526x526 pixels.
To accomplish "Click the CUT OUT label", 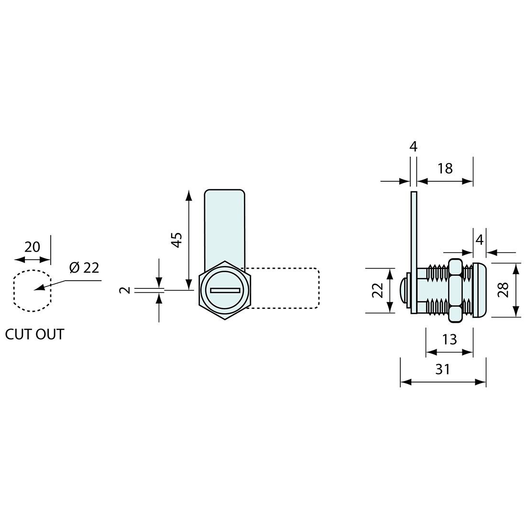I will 34,334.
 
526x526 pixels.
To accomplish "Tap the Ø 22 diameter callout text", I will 84,268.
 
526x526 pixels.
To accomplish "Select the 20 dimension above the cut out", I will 32,247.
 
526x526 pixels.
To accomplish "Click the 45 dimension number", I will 177,239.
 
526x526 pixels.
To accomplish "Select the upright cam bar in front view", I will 225,225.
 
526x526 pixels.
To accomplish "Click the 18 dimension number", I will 445,168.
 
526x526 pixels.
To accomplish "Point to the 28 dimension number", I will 503,289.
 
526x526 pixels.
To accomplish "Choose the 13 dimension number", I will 449,339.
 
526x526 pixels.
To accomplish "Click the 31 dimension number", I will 443,369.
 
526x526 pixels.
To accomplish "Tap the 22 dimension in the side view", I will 378,290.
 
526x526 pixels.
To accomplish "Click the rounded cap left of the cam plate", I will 403,290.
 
